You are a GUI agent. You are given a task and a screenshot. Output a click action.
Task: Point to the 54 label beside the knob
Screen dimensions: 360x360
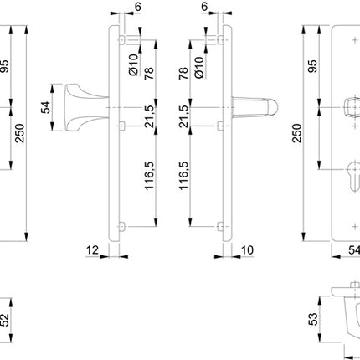tap(47, 106)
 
